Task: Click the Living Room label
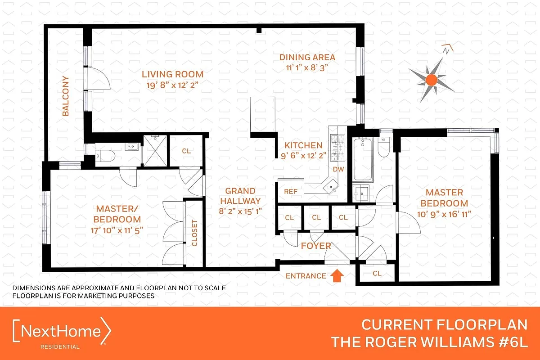(173, 74)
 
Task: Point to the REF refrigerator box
(290, 191)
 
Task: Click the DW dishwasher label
(338, 170)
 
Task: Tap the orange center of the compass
(431, 80)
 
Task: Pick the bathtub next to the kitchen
(362, 161)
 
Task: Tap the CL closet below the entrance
(377, 273)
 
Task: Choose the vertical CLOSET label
(195, 233)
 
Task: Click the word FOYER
(316, 246)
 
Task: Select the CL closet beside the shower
(186, 151)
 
